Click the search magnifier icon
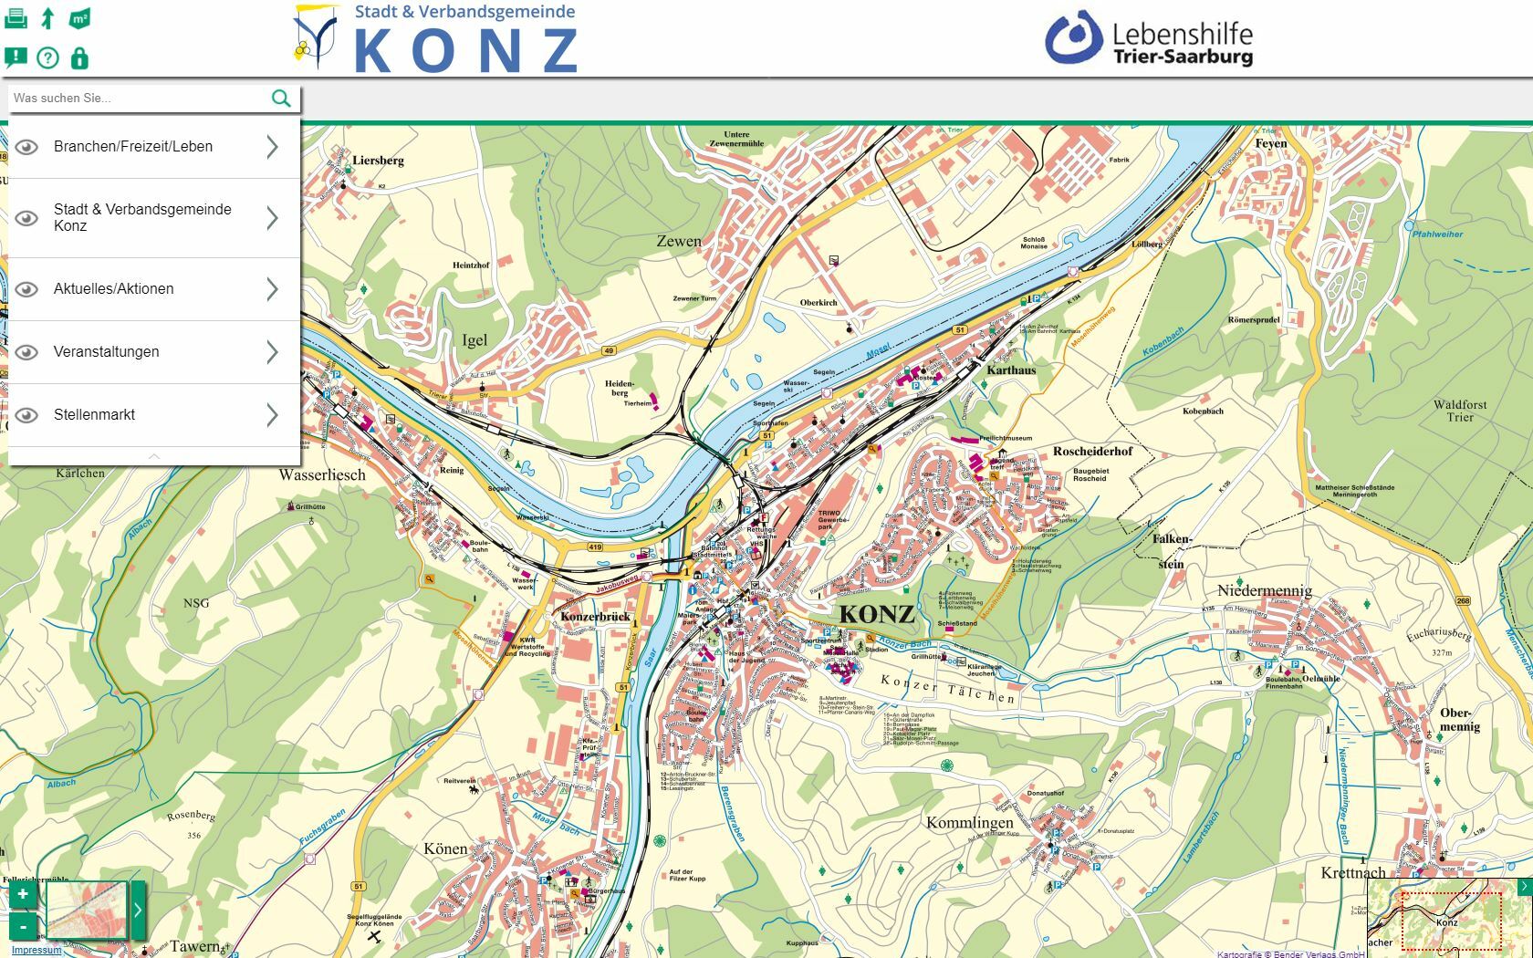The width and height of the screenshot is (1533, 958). point(281,98)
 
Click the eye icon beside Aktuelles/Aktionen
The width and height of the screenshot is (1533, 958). point(27,289)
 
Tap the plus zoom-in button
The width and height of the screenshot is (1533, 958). point(23,894)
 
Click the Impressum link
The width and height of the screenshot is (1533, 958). point(36,950)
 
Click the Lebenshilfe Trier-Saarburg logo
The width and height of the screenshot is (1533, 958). point(1149,38)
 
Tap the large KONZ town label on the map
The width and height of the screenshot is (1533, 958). point(876,614)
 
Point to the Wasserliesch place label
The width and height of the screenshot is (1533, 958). point(322,474)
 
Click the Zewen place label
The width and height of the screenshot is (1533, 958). point(679,242)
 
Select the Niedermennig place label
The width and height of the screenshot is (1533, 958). point(1265,590)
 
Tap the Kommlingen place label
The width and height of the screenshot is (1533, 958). point(969,822)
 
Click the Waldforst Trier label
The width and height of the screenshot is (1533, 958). point(1460,411)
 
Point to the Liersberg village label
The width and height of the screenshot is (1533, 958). point(378,161)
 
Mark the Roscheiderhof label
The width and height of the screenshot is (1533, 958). point(1092,452)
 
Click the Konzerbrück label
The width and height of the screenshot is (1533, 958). point(595,617)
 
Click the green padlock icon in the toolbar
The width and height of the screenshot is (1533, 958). point(79,58)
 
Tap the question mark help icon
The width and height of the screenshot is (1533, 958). point(47,58)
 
